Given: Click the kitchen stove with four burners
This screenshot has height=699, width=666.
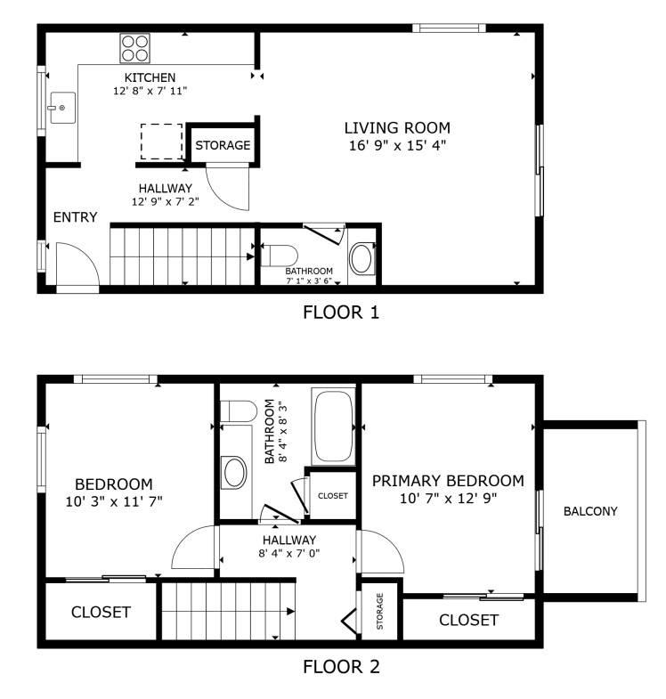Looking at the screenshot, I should point(135,48).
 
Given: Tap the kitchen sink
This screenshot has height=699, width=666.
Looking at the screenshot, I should point(62,110).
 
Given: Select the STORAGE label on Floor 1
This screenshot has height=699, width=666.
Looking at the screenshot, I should point(223,145).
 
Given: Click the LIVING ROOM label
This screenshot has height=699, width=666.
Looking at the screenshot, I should point(397,127).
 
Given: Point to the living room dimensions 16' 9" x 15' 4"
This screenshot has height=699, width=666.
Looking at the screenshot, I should point(397,144).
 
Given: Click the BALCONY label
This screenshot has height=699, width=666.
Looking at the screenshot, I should point(590,511).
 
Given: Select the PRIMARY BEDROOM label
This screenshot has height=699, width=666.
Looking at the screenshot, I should point(448,481).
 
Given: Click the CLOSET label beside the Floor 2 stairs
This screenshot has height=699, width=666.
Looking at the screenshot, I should point(101,613).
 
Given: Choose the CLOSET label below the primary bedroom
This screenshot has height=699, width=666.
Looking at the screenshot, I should point(469,620).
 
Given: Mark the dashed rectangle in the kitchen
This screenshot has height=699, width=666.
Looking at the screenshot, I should point(161,141).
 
